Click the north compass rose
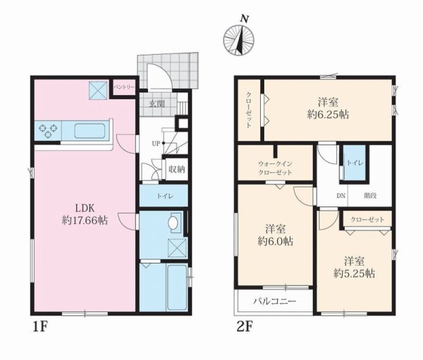[239, 39]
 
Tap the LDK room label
[85, 208]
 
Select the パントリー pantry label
[124, 87]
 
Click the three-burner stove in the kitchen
[48, 131]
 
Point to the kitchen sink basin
[90, 131]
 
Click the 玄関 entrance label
[157, 104]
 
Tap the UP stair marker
[156, 144]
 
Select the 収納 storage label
[177, 169]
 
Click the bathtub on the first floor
[177, 287]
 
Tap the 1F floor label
[40, 327]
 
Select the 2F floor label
[245, 327]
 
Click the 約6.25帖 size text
[328, 115]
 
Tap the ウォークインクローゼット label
[275, 168]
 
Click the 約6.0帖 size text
[276, 241]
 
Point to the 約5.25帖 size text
[354, 274]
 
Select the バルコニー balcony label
[275, 301]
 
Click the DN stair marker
[341, 196]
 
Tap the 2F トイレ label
[355, 163]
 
